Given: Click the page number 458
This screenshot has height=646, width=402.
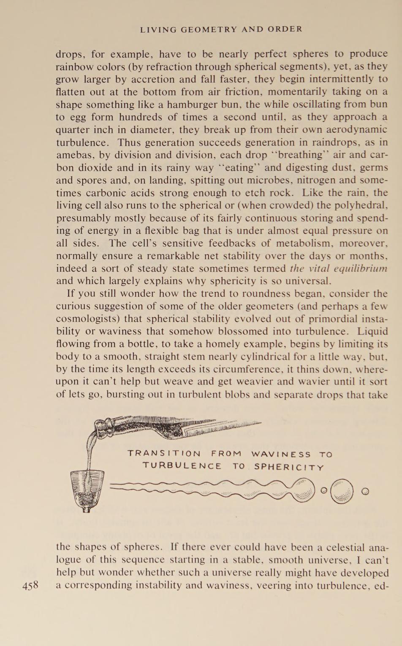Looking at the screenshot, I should pyautogui.click(x=30, y=585).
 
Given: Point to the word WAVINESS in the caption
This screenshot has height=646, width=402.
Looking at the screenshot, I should pyautogui.click(x=281, y=454).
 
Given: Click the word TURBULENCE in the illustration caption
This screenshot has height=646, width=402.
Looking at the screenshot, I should pyautogui.click(x=182, y=466).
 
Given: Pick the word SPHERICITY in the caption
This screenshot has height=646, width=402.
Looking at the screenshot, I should pyautogui.click(x=289, y=467).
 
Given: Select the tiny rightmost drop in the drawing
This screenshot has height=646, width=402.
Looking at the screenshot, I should pyautogui.click(x=366, y=491).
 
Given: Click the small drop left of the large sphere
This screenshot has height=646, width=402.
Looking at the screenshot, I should pyautogui.click(x=324, y=490).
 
